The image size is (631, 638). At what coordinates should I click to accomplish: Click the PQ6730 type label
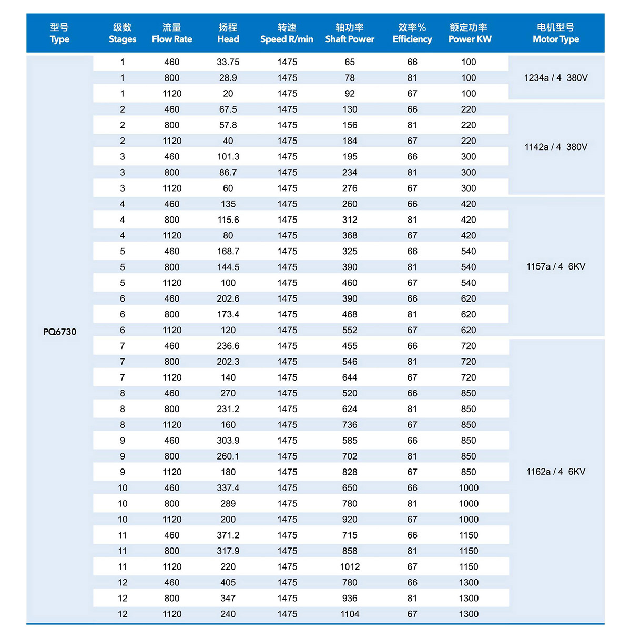pyautogui.click(x=59, y=332)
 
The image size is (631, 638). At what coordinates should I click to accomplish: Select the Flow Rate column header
pyautogui.click(x=172, y=33)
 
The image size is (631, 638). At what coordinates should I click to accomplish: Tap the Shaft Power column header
pyautogui.click(x=350, y=33)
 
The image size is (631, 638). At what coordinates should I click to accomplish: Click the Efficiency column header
pyautogui.click(x=412, y=33)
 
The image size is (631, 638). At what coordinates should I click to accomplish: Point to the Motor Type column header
pyautogui.click(x=556, y=33)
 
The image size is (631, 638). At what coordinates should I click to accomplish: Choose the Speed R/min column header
pyautogui.click(x=287, y=33)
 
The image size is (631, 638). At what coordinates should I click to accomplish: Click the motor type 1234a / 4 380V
pyautogui.click(x=556, y=78)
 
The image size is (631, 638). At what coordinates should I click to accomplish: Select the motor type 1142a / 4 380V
pyautogui.click(x=556, y=147)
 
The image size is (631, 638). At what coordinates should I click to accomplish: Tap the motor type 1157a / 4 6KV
pyautogui.click(x=556, y=266)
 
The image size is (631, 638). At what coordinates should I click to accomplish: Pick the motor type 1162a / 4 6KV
pyautogui.click(x=556, y=472)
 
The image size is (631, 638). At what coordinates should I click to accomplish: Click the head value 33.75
pyautogui.click(x=228, y=62)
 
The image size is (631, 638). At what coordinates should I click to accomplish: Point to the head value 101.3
pyautogui.click(x=228, y=157)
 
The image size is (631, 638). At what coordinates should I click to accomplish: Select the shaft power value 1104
pyautogui.click(x=350, y=614)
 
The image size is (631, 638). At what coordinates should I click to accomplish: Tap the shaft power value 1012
pyautogui.click(x=350, y=566)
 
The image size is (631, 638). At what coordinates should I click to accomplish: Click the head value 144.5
pyautogui.click(x=228, y=267)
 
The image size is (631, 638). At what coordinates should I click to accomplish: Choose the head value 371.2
pyautogui.click(x=228, y=535)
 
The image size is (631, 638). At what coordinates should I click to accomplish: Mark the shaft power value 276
pyautogui.click(x=350, y=188)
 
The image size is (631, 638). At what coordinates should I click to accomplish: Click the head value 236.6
pyautogui.click(x=228, y=346)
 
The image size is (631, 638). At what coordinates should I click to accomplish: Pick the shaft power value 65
pyautogui.click(x=350, y=62)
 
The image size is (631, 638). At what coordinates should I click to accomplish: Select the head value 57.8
pyautogui.click(x=228, y=125)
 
